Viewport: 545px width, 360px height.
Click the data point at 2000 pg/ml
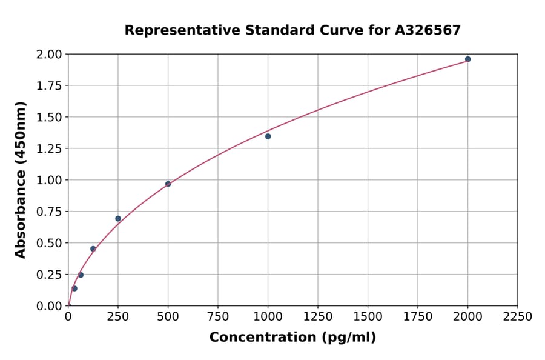click(x=467, y=59)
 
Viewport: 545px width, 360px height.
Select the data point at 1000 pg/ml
click(x=268, y=136)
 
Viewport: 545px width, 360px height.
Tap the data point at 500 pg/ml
click(x=168, y=184)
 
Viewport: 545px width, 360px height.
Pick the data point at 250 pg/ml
click(x=118, y=219)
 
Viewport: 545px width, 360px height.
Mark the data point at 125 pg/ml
click(x=93, y=248)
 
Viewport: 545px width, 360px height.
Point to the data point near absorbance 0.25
click(x=81, y=275)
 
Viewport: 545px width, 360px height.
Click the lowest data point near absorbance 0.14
click(x=74, y=288)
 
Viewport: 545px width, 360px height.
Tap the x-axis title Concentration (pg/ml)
click(x=292, y=338)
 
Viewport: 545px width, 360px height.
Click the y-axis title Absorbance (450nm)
click(x=21, y=179)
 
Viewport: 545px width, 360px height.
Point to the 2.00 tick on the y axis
click(x=49, y=55)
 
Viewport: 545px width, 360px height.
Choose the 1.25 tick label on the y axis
click(x=49, y=148)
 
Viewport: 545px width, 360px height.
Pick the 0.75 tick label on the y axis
click(x=49, y=212)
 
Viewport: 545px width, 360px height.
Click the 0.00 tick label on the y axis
click(x=49, y=306)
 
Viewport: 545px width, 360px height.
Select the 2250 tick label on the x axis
click(x=518, y=317)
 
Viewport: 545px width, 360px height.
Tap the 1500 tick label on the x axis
click(x=368, y=317)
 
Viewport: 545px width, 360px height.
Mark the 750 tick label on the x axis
click(x=218, y=317)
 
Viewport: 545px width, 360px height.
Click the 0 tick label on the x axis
click(x=68, y=317)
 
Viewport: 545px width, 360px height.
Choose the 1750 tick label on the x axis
click(x=418, y=317)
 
